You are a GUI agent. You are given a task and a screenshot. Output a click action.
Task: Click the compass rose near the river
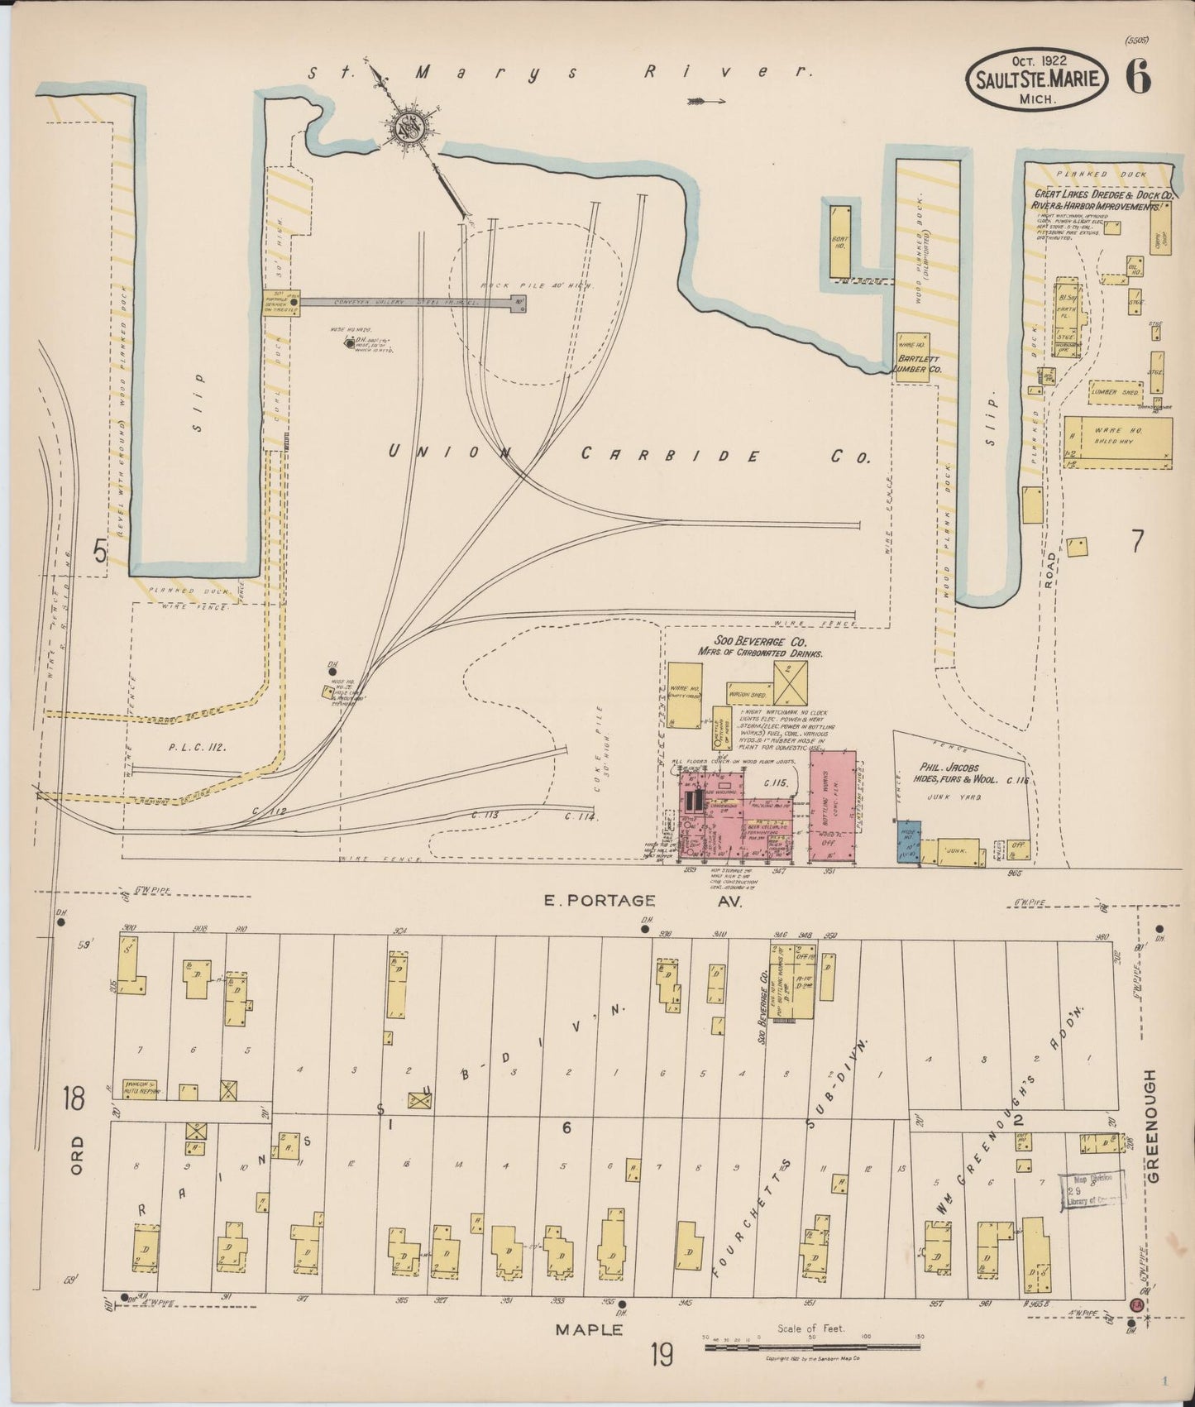[x=409, y=127]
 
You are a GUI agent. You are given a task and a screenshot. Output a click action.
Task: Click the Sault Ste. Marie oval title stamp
[x=1036, y=79]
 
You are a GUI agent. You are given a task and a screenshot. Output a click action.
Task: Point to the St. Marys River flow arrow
[x=705, y=102]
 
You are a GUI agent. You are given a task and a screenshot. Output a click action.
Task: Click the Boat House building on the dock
[x=839, y=242]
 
